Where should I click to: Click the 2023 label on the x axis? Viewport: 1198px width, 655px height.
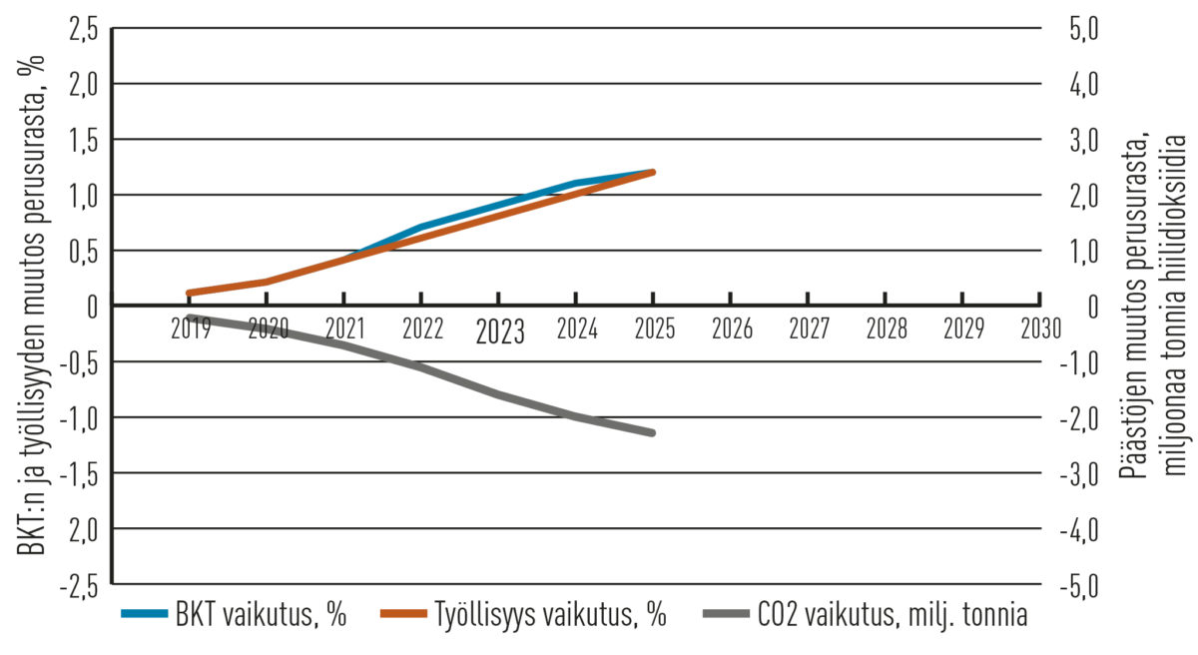[x=499, y=331]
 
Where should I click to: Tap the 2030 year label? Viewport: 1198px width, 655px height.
[x=1039, y=328]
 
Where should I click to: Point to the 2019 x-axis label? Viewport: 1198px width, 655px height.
[x=190, y=328]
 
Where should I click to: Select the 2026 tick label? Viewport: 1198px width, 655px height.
[x=731, y=328]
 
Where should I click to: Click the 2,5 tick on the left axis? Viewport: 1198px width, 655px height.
[x=84, y=29]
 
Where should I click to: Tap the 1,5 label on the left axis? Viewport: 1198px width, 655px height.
[x=84, y=141]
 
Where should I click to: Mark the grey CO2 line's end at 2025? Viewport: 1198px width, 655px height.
[x=652, y=432]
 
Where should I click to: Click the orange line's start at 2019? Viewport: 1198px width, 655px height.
[x=189, y=293]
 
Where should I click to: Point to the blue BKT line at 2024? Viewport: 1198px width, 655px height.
[x=576, y=183]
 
